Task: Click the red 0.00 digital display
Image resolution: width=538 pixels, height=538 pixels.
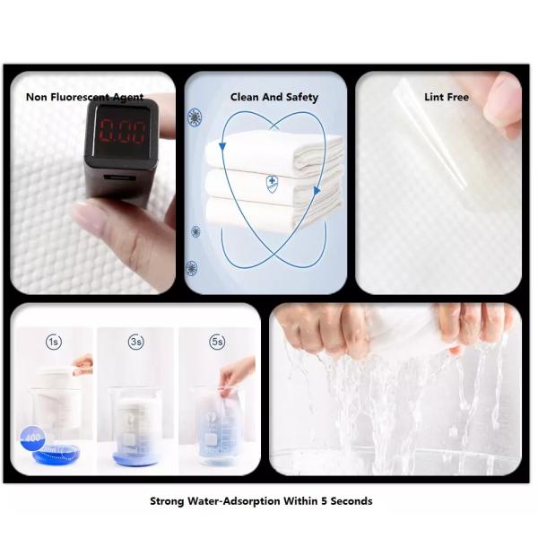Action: click(123, 133)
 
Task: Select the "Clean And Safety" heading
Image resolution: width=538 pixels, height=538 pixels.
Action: click(274, 97)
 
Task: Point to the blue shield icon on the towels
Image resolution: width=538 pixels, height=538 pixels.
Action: click(272, 184)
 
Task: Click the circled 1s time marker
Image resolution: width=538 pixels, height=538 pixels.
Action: click(55, 342)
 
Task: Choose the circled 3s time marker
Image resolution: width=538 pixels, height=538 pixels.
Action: click(135, 342)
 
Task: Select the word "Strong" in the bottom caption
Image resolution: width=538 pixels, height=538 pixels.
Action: click(168, 501)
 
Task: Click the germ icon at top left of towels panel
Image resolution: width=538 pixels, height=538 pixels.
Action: click(195, 117)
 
